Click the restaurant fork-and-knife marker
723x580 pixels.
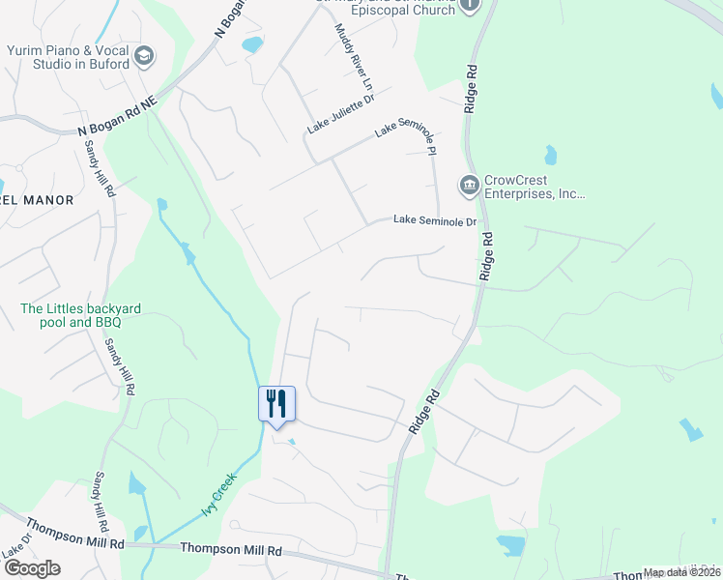(x=276, y=402)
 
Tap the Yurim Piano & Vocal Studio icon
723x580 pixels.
(x=145, y=56)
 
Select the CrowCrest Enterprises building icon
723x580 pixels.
(x=469, y=184)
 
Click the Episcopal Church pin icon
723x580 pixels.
(x=470, y=5)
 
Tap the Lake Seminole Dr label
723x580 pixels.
(x=436, y=221)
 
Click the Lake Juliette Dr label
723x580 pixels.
(x=341, y=113)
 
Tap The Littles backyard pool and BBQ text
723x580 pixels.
(x=81, y=315)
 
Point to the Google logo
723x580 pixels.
(x=31, y=568)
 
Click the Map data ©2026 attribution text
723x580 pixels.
(x=681, y=572)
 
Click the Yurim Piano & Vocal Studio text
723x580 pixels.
(x=67, y=57)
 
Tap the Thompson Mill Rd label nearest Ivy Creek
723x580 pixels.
(x=231, y=549)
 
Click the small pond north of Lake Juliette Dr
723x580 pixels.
(x=251, y=43)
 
